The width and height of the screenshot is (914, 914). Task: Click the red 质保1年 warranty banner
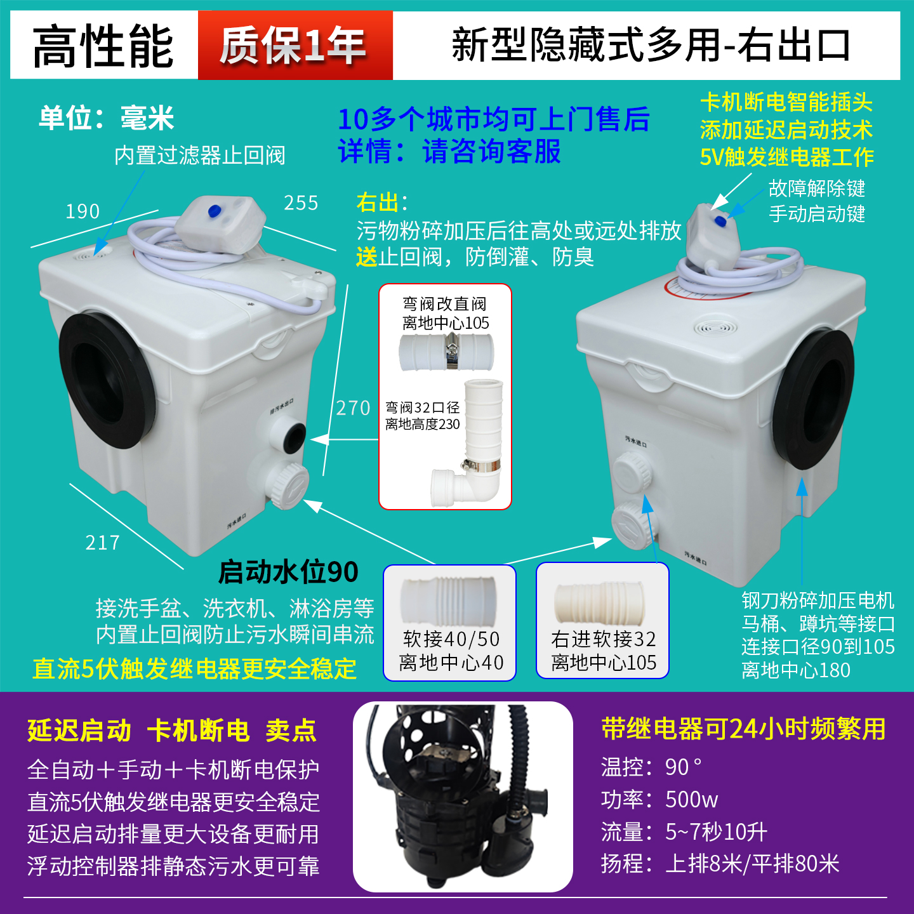(295, 46)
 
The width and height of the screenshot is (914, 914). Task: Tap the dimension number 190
(83, 211)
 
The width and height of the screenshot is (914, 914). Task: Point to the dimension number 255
(301, 203)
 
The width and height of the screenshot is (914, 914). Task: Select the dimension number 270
(353, 407)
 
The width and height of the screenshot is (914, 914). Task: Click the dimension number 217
(103, 543)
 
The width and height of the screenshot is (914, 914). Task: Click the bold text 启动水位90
(288, 572)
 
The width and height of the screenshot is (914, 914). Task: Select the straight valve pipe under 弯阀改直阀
(446, 352)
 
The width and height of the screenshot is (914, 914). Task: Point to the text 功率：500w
(659, 800)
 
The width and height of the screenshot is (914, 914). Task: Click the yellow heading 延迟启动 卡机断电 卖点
(172, 731)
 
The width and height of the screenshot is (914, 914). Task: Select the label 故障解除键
(816, 189)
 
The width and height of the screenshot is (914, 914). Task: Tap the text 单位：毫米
(106, 118)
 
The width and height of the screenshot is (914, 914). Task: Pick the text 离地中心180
(796, 670)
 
